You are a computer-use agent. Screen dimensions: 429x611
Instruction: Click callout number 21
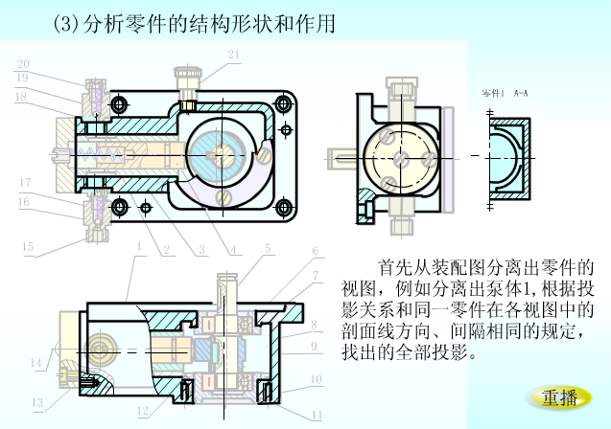point(233,55)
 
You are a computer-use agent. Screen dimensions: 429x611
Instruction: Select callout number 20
point(22,63)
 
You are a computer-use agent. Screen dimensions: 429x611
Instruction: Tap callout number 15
point(28,247)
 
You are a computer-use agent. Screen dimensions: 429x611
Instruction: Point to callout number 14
point(35,363)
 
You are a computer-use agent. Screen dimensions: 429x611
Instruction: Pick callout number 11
point(317,414)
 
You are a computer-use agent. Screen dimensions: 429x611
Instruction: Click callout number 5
point(268,248)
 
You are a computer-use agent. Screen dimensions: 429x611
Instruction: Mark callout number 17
point(25,182)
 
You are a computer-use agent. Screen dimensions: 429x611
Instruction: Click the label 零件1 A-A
point(505,94)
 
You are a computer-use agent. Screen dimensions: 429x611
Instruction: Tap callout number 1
point(139,246)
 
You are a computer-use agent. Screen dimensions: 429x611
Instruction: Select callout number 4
point(233,251)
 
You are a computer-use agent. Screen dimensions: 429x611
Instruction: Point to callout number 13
point(37,402)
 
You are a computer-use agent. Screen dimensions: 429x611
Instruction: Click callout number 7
point(314,276)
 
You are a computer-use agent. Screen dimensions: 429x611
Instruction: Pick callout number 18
point(20,96)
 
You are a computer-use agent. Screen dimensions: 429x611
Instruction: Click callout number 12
point(142,412)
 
